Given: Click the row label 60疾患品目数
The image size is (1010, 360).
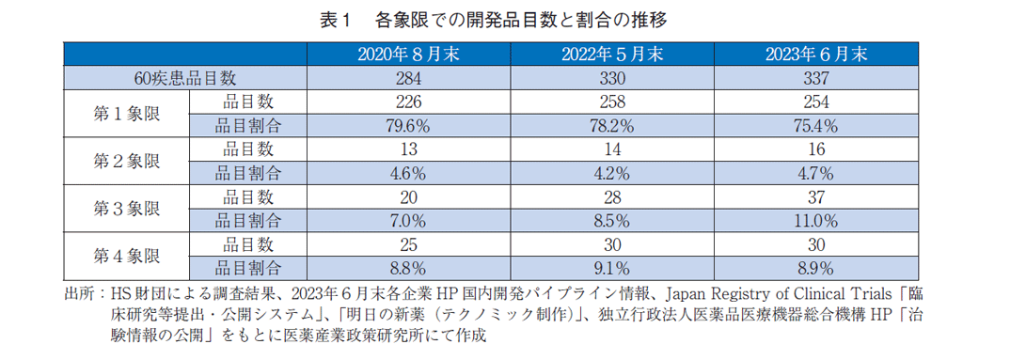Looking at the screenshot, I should point(185,77).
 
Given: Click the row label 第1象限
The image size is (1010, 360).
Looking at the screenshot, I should point(126,113).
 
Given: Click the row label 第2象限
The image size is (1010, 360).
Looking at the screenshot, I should point(126,161).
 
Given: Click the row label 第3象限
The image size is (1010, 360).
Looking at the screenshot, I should point(126,209).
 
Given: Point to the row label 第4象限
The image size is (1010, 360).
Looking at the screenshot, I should point(126,256).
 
